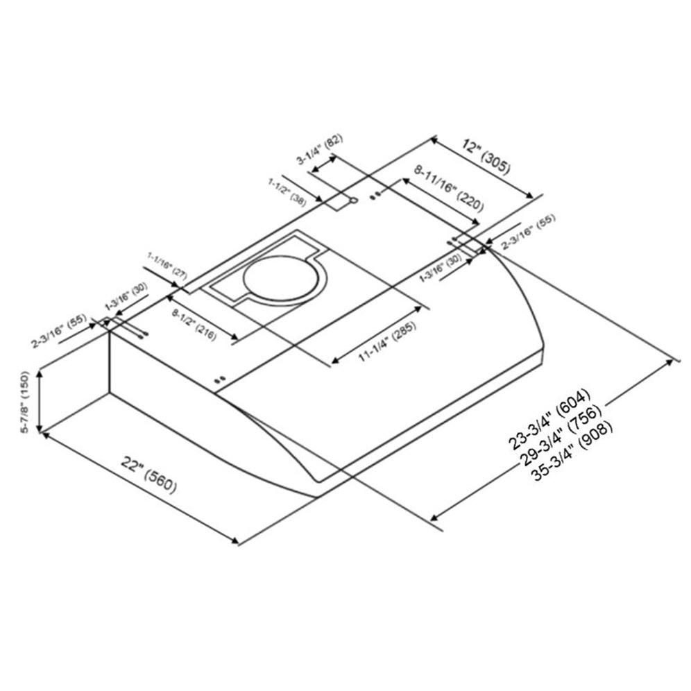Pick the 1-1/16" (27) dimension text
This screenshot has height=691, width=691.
[x=167, y=265]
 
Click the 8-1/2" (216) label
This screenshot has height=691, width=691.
[x=194, y=324]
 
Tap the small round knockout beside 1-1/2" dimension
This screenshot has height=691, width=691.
[x=354, y=201]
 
